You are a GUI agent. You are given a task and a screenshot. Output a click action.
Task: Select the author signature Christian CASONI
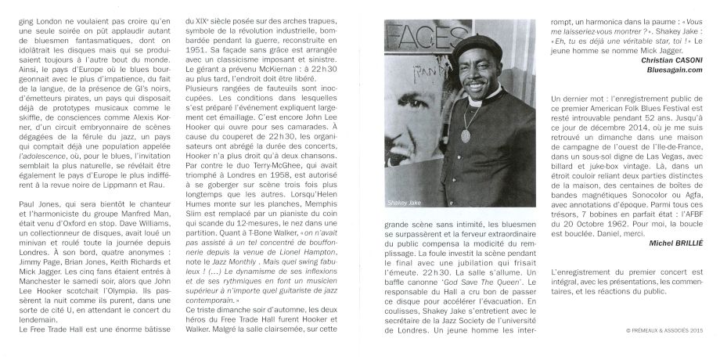point(671,59)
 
